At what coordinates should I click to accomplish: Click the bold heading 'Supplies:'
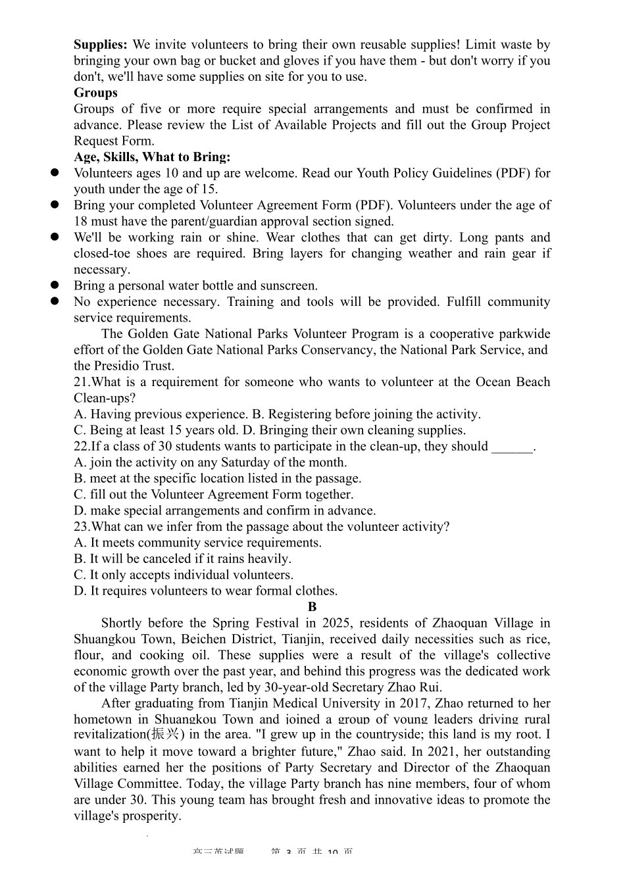[x=100, y=45]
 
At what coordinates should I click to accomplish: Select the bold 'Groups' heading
[x=95, y=93]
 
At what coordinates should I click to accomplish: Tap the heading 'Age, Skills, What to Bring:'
[x=152, y=157]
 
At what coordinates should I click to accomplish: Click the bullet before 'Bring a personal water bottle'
[x=55, y=285]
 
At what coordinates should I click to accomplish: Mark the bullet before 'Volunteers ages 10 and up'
[x=55, y=173]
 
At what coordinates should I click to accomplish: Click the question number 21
[x=81, y=382]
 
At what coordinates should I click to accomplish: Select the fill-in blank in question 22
[x=512, y=447]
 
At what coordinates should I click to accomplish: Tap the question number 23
[x=81, y=527]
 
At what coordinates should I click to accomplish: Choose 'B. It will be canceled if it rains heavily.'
[x=182, y=559]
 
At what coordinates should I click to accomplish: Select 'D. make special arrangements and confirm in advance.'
[x=225, y=510]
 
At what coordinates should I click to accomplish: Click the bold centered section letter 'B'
[x=312, y=607]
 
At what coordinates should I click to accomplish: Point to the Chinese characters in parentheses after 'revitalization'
[x=165, y=735]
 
